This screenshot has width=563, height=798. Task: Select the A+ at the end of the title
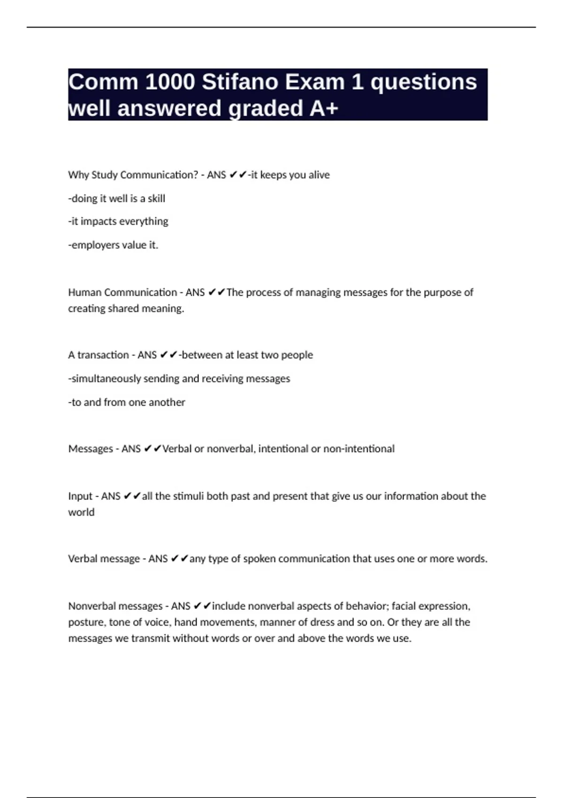click(324, 108)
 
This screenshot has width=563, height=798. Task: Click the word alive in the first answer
click(319, 175)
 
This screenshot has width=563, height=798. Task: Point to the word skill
click(156, 199)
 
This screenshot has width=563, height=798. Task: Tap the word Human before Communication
click(84, 292)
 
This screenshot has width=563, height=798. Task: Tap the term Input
click(80, 496)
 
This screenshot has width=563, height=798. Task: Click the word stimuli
click(188, 496)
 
